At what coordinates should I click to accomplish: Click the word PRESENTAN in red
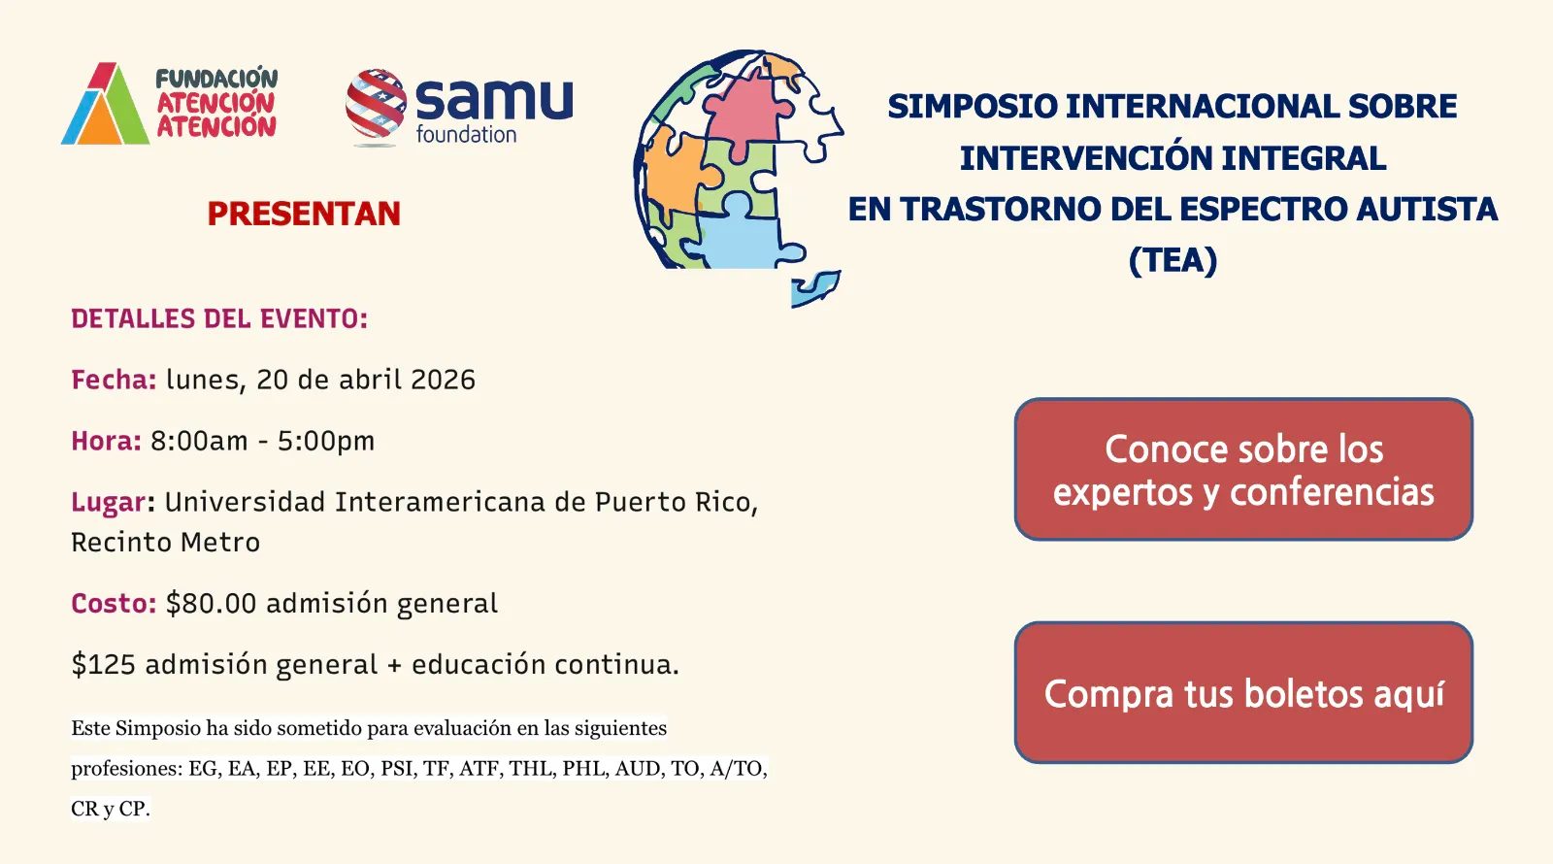click(x=304, y=214)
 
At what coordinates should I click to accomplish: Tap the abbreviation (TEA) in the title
click(x=1173, y=261)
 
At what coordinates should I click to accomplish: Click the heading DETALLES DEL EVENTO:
click(x=219, y=319)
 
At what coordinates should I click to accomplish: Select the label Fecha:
click(x=114, y=380)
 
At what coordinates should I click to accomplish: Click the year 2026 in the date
click(x=443, y=380)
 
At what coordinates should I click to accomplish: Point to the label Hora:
click(x=106, y=441)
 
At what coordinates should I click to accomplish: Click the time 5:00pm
click(x=326, y=442)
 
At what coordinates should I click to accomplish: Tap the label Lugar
click(x=110, y=503)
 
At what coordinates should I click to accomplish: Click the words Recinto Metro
click(x=166, y=543)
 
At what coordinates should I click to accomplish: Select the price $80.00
click(x=211, y=603)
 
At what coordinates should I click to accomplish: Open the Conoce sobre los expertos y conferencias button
click(x=1243, y=470)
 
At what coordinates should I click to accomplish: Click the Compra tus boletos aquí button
click(x=1243, y=693)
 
